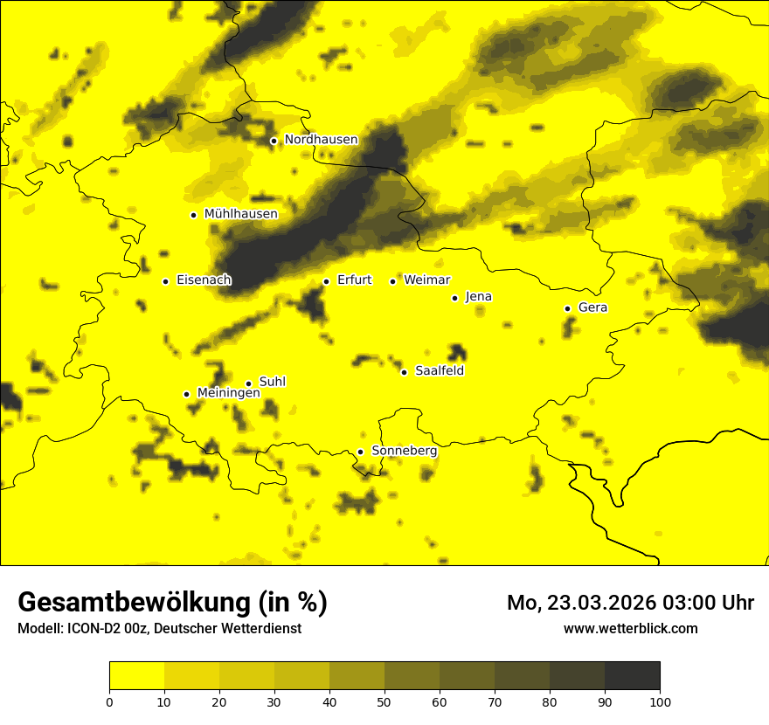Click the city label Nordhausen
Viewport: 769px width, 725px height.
click(x=321, y=140)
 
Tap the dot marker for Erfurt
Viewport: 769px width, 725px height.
click(x=326, y=281)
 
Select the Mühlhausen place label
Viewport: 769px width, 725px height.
click(x=240, y=214)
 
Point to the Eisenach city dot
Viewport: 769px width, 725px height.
click(x=165, y=281)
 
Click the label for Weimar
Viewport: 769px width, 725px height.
click(x=426, y=280)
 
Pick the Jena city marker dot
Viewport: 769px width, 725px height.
click(x=454, y=298)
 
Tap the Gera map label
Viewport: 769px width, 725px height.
click(x=592, y=307)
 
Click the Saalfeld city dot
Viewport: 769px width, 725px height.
click(x=404, y=372)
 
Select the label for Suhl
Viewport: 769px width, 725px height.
click(x=273, y=382)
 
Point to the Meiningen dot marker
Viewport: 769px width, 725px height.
click(x=186, y=394)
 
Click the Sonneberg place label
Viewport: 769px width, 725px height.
click(x=404, y=451)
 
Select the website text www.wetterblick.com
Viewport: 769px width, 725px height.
click(x=630, y=628)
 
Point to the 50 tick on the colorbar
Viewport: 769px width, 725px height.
click(x=384, y=701)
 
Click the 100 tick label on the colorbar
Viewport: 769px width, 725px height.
click(x=660, y=701)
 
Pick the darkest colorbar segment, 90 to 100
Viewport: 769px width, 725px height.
click(x=632, y=675)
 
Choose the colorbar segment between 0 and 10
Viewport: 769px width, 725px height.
click(x=136, y=675)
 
